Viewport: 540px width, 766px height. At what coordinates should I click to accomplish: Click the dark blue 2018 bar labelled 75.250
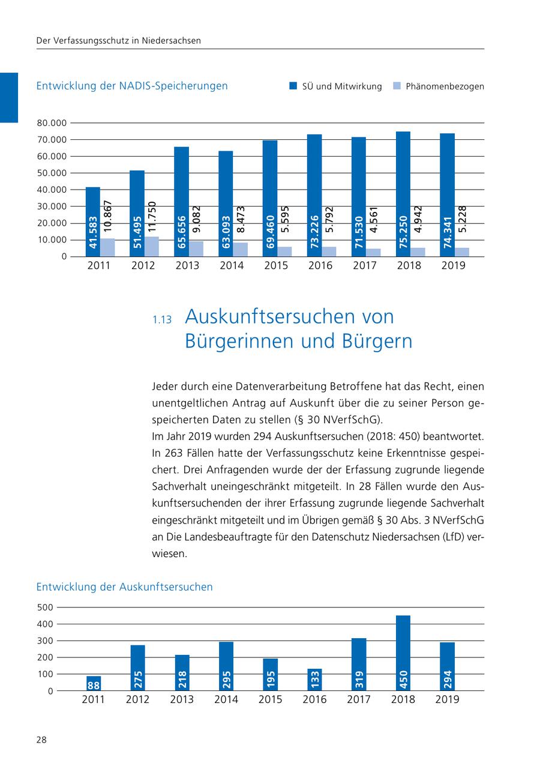403,192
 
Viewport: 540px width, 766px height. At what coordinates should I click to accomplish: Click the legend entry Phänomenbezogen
444,86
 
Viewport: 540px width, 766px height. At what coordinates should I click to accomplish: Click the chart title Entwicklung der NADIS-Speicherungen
132,86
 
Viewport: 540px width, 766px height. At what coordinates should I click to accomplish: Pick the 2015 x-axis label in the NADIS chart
276,265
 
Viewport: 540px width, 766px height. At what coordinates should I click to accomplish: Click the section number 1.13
162,321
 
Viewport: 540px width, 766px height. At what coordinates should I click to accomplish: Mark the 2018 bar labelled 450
403,653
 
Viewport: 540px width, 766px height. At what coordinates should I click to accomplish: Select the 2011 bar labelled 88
94,684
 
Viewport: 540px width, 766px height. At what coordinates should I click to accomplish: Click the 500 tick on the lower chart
45,607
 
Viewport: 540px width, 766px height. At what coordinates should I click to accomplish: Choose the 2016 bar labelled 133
314,680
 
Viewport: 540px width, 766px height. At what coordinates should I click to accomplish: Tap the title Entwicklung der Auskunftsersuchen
124,587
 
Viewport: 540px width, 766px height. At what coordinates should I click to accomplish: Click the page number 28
41,740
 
